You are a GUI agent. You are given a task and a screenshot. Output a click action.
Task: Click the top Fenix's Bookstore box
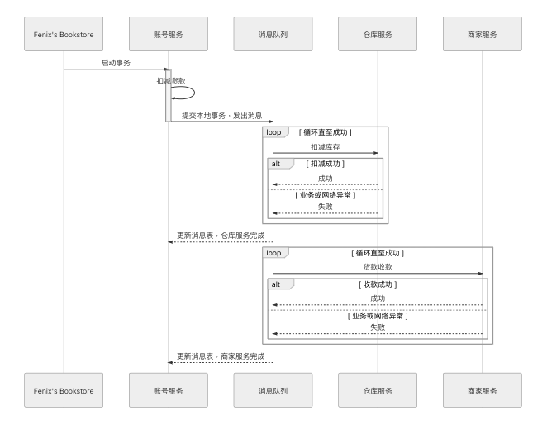pos(64,34)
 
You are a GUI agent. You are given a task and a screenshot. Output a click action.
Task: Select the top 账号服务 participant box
pos(169,34)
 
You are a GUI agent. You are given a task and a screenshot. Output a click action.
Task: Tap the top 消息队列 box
pos(273,34)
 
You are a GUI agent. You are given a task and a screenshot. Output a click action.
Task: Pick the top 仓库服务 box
pos(378,34)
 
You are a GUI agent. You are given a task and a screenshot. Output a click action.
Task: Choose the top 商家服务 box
pos(483,34)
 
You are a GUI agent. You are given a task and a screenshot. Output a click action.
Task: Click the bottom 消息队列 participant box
pos(273,390)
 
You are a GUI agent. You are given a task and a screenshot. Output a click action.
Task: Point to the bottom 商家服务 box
pos(483,390)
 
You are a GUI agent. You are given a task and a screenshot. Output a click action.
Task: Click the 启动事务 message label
pos(116,63)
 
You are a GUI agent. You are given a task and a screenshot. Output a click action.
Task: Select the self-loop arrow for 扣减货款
pos(194,93)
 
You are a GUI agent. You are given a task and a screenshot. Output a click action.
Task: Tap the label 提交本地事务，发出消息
pos(222,116)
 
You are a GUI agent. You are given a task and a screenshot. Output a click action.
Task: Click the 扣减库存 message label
pos(325,147)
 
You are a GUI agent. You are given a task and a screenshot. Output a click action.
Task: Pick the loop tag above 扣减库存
pos(276,132)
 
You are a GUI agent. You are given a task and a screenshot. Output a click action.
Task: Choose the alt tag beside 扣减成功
pos(280,164)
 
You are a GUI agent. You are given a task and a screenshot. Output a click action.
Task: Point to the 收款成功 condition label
pos(378,284)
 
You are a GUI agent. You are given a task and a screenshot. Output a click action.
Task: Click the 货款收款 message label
pos(378,267)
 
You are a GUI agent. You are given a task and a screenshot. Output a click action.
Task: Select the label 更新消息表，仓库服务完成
pos(221,236)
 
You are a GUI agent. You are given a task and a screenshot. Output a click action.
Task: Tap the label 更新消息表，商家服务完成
pos(221,356)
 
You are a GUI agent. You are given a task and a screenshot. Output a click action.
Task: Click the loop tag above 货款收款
pos(276,253)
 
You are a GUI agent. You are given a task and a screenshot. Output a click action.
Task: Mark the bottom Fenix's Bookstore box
pos(64,390)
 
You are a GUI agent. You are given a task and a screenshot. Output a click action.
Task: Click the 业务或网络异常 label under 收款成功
pos(378,316)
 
